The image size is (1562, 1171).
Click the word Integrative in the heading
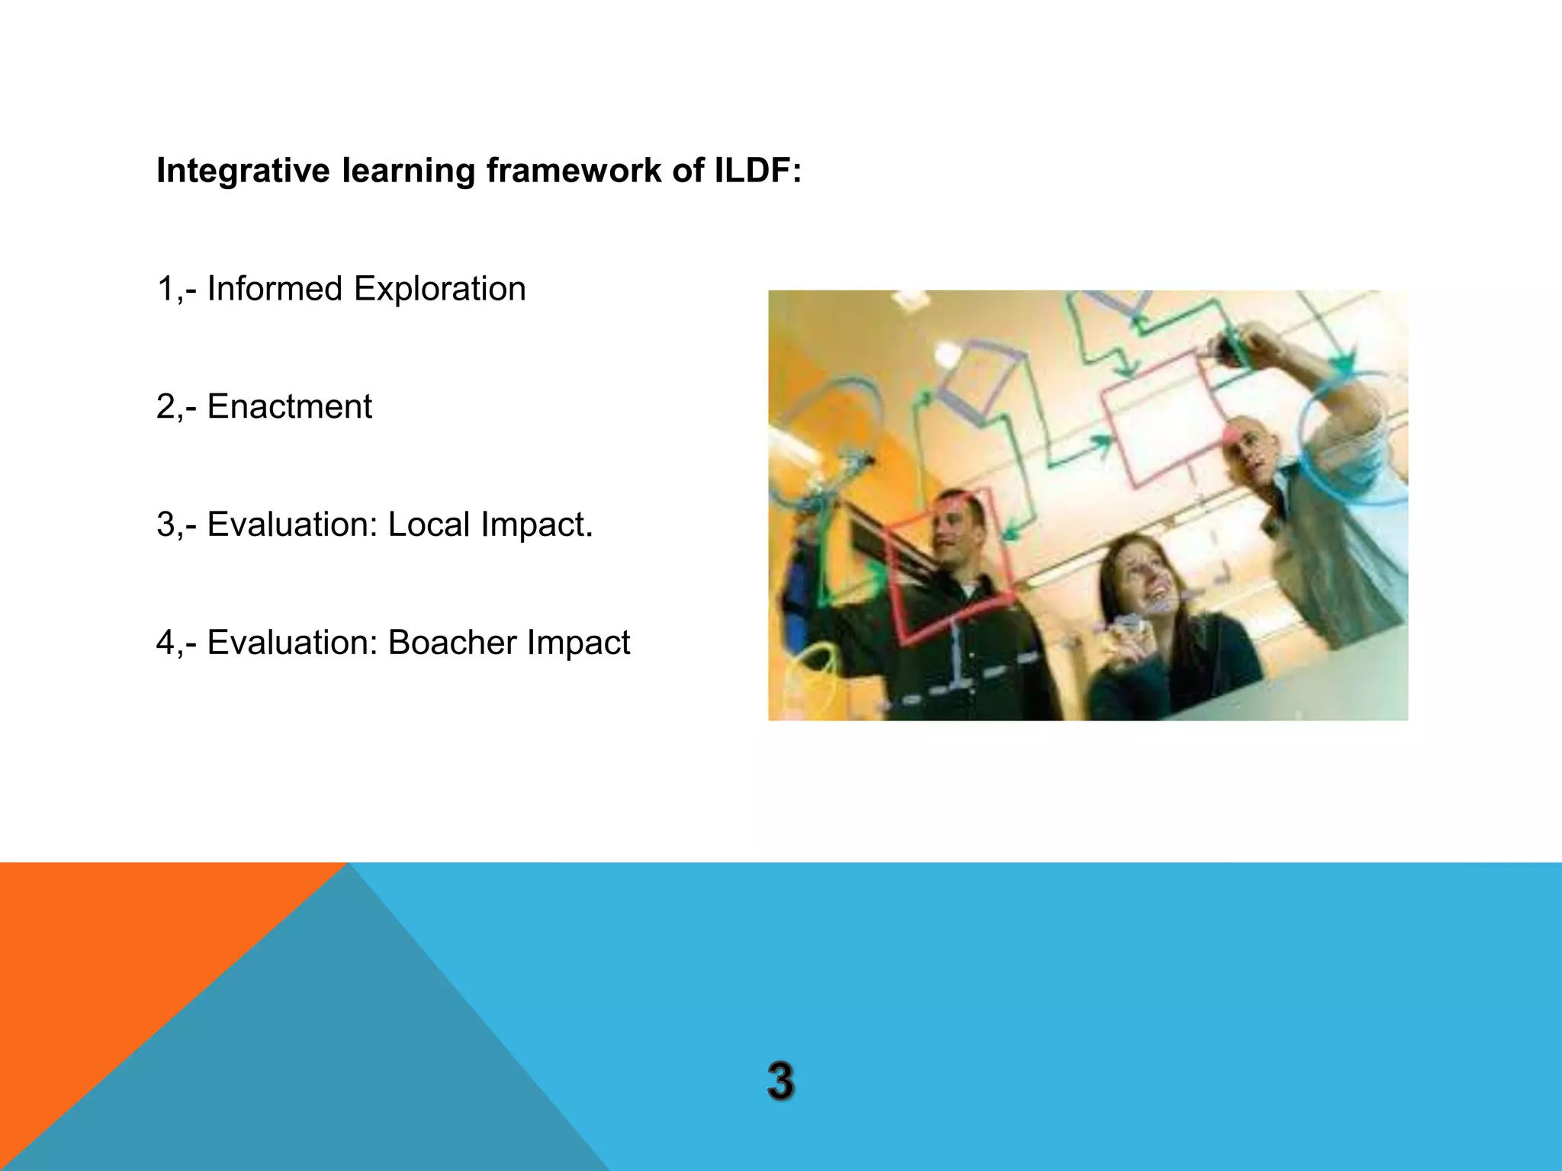pos(243,170)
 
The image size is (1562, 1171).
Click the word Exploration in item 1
pos(439,289)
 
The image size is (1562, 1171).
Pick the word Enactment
pos(289,406)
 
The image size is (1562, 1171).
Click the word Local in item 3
pos(429,525)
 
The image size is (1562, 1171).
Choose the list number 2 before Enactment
pos(166,406)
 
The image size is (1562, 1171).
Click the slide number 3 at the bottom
pos(780,1080)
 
